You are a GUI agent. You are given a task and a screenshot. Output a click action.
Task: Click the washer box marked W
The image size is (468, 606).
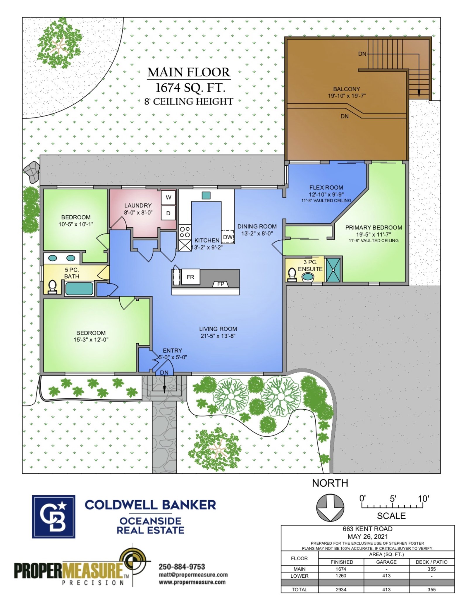click(x=168, y=197)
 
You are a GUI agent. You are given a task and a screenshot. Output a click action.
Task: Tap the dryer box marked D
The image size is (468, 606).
click(x=168, y=213)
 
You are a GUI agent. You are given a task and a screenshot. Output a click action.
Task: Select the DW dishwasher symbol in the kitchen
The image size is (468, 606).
click(x=228, y=237)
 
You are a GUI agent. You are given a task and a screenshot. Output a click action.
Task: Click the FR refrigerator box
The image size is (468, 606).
click(x=190, y=277)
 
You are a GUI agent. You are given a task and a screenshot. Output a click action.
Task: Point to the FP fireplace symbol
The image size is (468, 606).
click(x=221, y=284)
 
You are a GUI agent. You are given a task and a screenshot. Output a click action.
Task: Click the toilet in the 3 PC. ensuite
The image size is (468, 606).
click(x=292, y=274)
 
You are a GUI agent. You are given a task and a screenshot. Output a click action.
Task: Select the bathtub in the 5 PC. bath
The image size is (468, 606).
click(x=79, y=289)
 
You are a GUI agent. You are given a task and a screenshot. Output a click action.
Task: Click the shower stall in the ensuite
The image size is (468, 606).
click(x=333, y=270)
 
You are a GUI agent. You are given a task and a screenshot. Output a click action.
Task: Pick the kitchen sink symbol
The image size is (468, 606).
click(x=206, y=195)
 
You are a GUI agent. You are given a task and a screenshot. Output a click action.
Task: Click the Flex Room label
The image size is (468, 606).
click(x=326, y=188)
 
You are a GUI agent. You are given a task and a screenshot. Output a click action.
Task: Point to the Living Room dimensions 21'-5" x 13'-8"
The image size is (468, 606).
click(x=218, y=336)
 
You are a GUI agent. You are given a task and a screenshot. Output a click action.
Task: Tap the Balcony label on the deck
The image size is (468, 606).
click(x=346, y=89)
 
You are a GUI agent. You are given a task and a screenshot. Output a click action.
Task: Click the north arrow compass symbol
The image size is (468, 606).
click(x=330, y=508)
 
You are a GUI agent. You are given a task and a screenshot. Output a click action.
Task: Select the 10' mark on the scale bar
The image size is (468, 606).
click(x=423, y=499)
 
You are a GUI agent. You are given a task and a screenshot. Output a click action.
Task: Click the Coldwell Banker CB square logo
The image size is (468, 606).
click(x=54, y=517)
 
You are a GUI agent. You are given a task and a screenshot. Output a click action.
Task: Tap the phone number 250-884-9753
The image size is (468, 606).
click(x=182, y=566)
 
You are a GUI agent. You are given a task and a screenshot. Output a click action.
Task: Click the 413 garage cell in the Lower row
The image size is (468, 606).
click(x=386, y=576)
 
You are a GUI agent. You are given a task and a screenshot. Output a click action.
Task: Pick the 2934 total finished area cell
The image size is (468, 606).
click(x=341, y=590)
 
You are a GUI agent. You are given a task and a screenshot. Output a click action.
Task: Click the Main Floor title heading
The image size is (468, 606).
click(x=189, y=72)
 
